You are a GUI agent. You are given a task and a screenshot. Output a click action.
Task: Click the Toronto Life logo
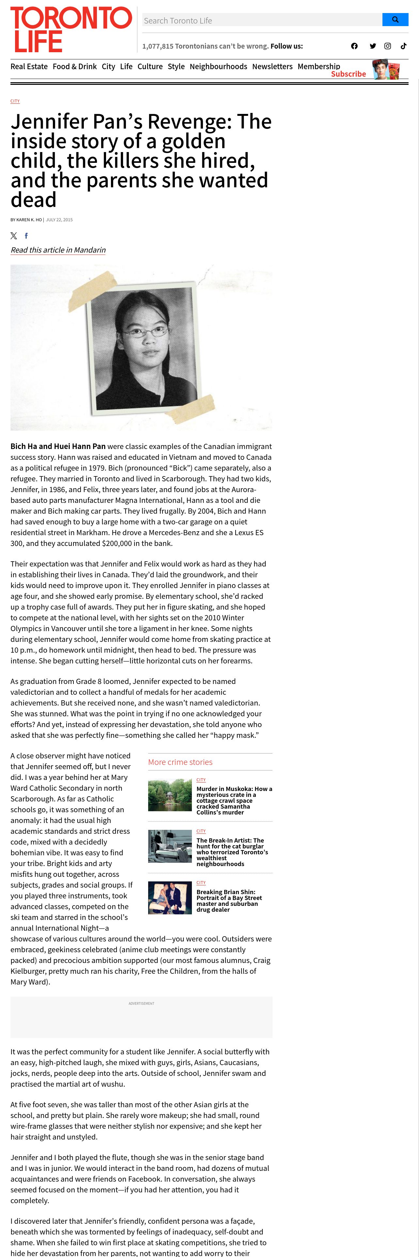click(71, 29)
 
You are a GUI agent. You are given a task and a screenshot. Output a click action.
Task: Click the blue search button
click(395, 20)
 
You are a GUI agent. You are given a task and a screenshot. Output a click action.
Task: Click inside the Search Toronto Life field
click(262, 21)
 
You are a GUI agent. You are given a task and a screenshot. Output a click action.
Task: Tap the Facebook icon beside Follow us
click(354, 46)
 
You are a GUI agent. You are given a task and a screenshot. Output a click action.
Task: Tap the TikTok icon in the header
click(403, 46)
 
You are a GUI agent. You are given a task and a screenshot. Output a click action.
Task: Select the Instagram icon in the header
click(387, 46)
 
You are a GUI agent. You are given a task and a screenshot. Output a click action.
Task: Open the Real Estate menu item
click(29, 66)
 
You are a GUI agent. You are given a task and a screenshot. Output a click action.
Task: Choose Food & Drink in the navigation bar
click(75, 66)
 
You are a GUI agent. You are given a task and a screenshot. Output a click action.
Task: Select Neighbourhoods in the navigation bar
click(218, 66)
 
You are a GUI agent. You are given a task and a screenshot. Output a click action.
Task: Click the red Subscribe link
click(348, 74)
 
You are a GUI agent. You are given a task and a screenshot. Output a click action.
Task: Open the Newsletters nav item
click(272, 66)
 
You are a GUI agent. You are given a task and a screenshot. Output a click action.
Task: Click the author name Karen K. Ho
click(29, 220)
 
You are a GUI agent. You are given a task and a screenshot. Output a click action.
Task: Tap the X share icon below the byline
click(14, 236)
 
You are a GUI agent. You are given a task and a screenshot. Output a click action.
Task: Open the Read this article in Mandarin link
click(58, 250)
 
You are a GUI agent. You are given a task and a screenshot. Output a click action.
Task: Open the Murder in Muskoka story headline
click(234, 800)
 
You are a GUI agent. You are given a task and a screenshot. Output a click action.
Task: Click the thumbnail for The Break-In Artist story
click(170, 846)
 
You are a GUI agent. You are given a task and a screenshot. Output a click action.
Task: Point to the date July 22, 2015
click(59, 220)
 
